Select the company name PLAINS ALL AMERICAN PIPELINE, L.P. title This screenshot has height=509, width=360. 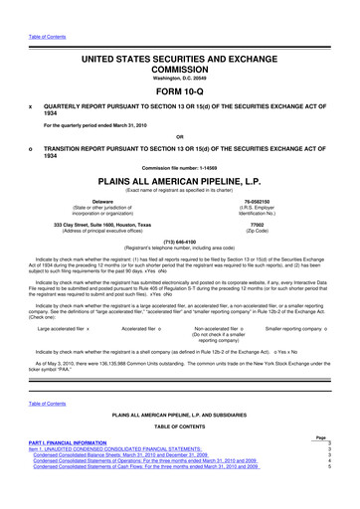tap(180, 183)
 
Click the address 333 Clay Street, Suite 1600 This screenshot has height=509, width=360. tap(101, 226)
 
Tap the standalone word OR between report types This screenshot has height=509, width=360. tap(180, 137)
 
